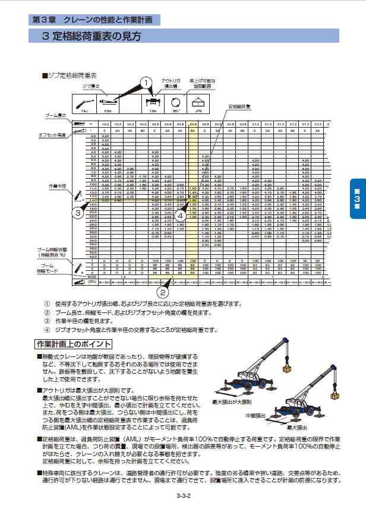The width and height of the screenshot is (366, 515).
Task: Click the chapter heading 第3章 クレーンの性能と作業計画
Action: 95,19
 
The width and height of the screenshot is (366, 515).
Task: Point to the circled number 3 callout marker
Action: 78,212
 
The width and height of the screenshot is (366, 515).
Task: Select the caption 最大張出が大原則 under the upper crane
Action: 232,402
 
